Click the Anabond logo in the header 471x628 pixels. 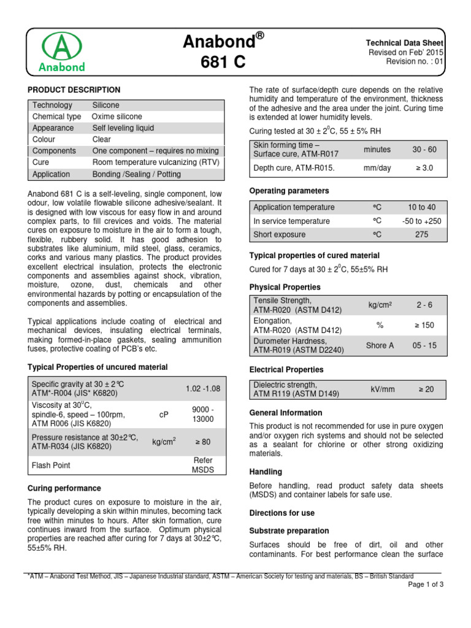(x=63, y=52)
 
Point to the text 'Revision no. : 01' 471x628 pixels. (x=415, y=62)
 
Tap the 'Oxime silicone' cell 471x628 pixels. (x=117, y=117)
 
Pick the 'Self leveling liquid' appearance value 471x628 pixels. (x=123, y=128)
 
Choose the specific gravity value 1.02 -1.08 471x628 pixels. (x=202, y=388)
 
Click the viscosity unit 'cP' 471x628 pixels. (x=164, y=415)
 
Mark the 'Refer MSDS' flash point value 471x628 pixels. (x=202, y=465)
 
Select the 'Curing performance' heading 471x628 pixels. (x=64, y=488)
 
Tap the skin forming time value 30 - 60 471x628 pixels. (x=424, y=149)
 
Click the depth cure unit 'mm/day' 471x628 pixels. (x=377, y=167)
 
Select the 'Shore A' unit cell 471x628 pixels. (x=380, y=345)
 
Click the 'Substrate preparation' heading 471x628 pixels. (x=289, y=530)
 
